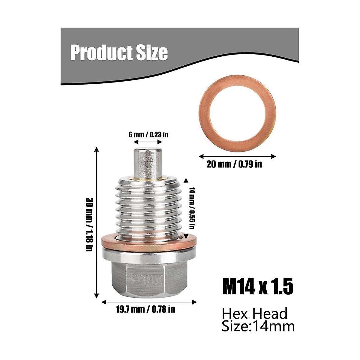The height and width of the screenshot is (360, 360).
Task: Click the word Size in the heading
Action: coord(153,53)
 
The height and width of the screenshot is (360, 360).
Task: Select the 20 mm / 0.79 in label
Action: coord(234,164)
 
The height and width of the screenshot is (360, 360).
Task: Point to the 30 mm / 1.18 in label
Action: coord(89,224)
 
